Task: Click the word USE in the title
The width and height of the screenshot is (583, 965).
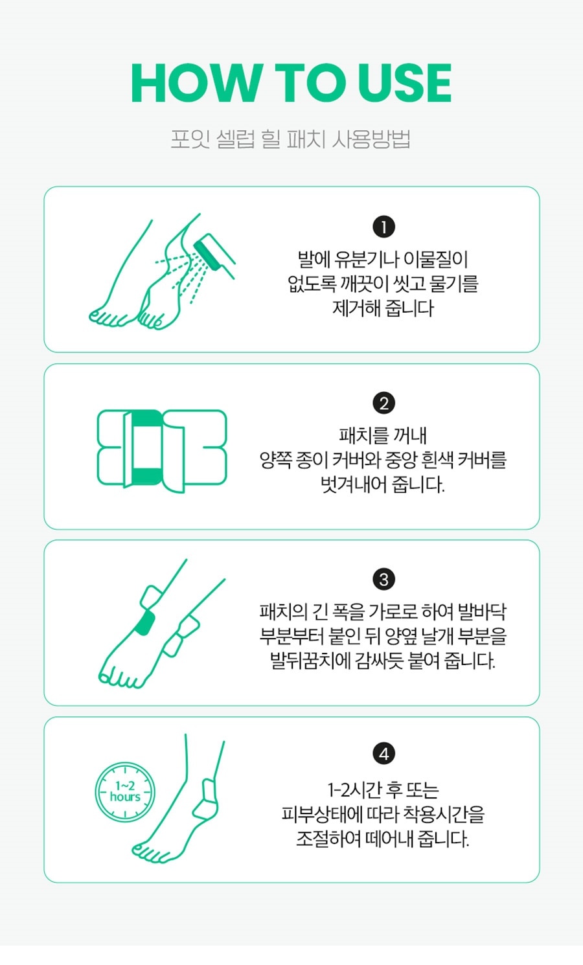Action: pyautogui.click(x=404, y=83)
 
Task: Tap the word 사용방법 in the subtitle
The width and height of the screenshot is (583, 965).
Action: pyautogui.click(x=371, y=139)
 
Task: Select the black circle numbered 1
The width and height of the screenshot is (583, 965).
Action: pyautogui.click(x=383, y=227)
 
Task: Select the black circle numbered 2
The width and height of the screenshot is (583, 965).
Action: pyautogui.click(x=383, y=403)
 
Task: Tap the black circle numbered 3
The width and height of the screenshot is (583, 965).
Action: pyautogui.click(x=383, y=579)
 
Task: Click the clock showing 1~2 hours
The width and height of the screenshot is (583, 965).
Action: pyautogui.click(x=125, y=792)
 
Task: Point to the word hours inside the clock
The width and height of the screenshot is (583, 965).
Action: pyautogui.click(x=125, y=797)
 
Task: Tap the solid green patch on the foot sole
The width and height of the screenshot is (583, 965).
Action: pyautogui.click(x=145, y=623)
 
